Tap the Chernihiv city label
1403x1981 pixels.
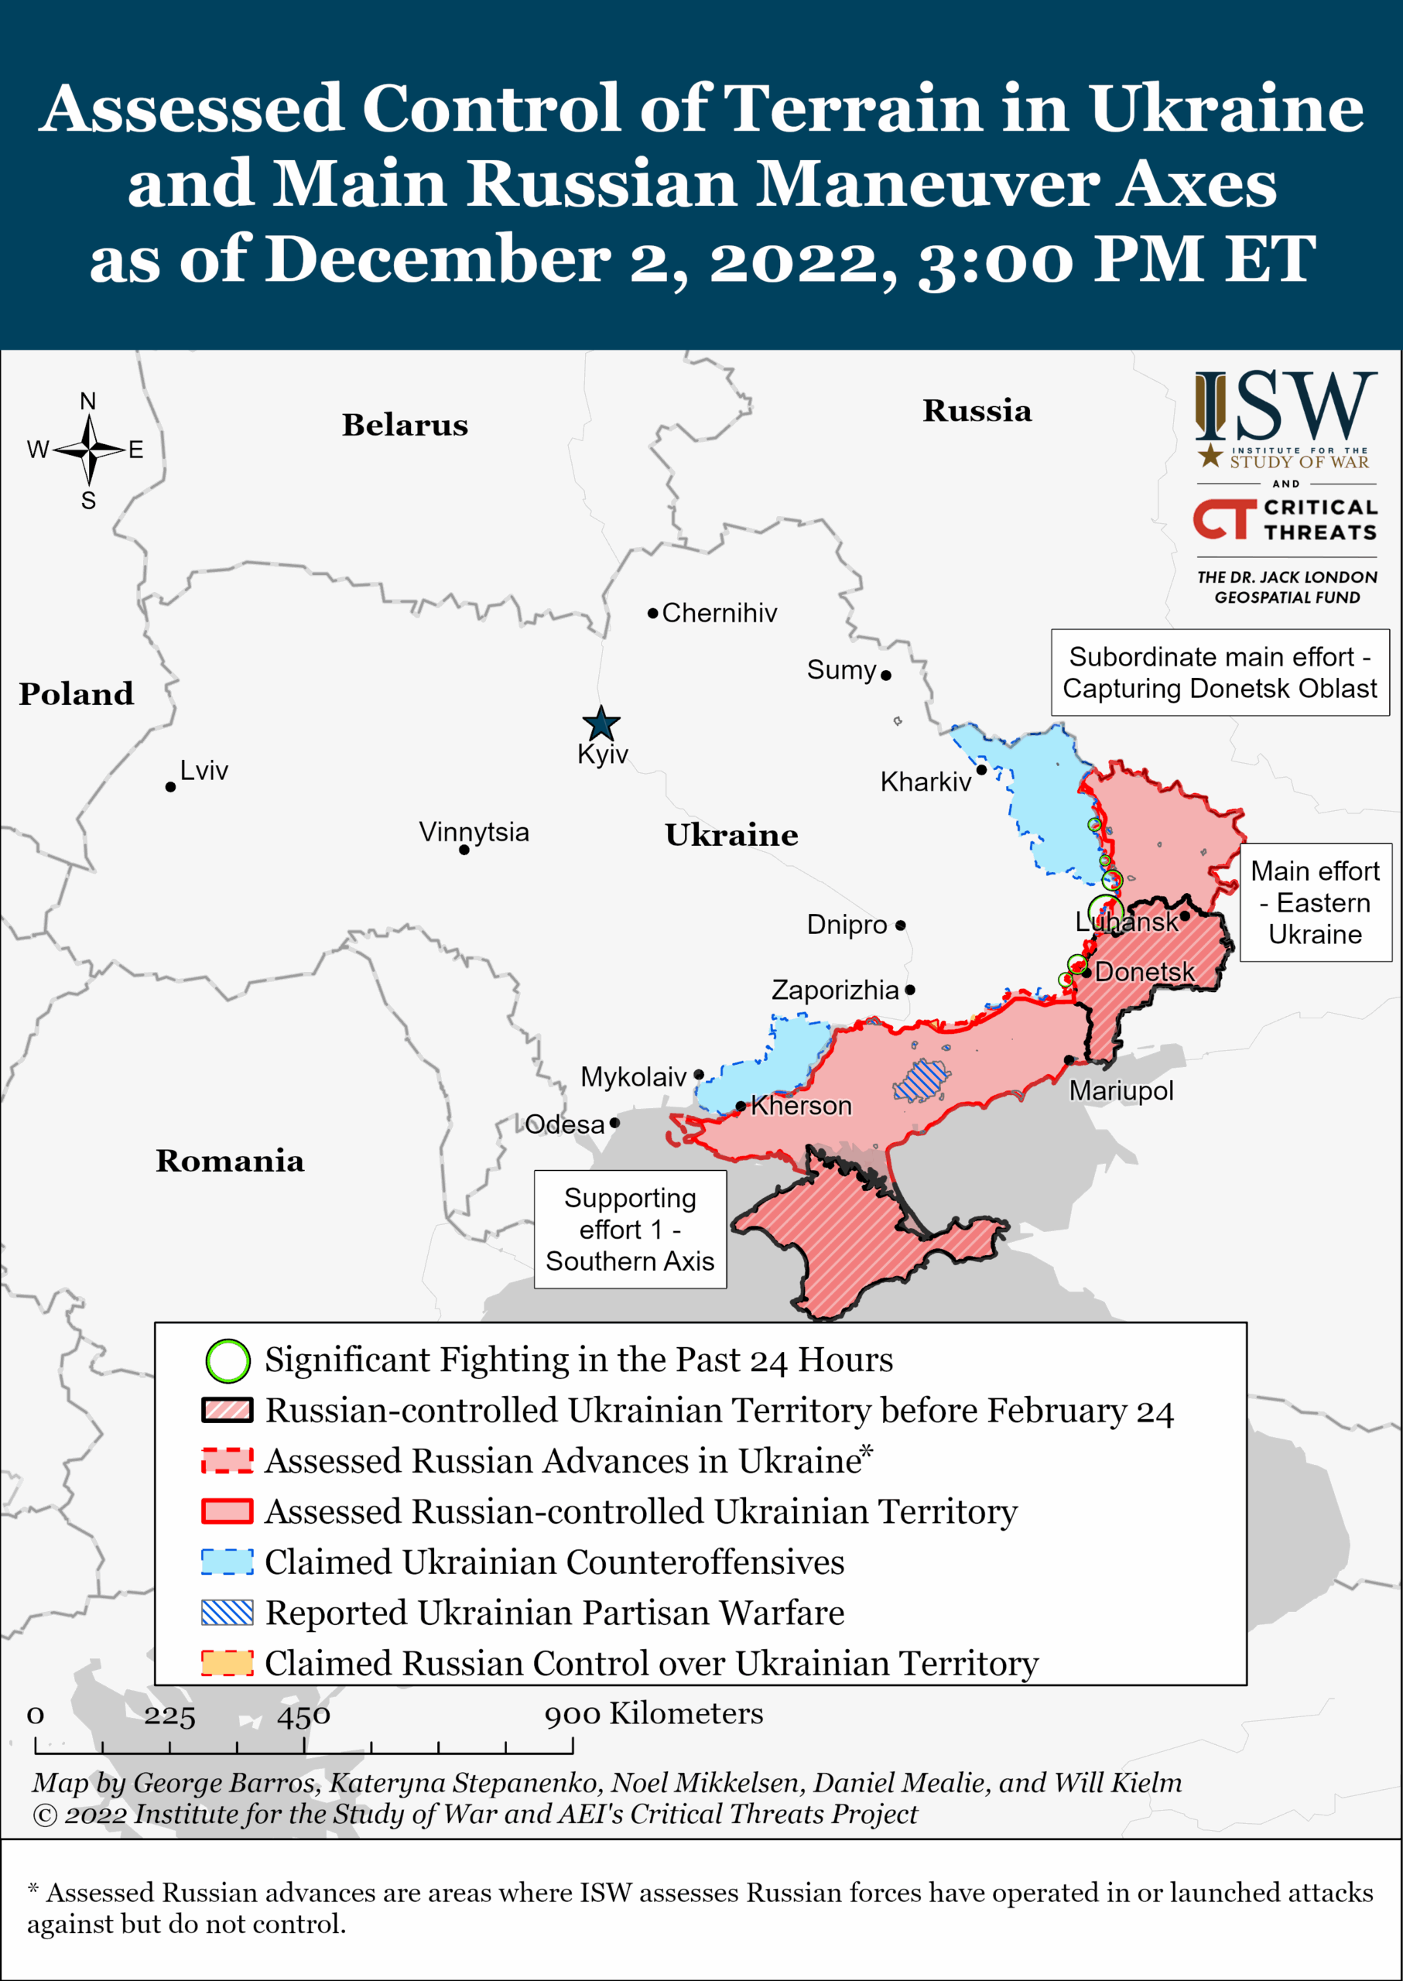pyautogui.click(x=719, y=614)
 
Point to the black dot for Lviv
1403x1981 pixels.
pyautogui.click(x=170, y=787)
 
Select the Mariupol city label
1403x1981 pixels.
pyautogui.click(x=1121, y=1091)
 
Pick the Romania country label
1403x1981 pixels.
pyautogui.click(x=230, y=1161)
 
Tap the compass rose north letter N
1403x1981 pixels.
pyautogui.click(x=87, y=402)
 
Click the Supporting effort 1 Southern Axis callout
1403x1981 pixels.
pyautogui.click(x=630, y=1230)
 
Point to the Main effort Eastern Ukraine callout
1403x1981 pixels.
pyautogui.click(x=1315, y=903)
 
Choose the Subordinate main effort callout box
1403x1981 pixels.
pyautogui.click(x=1219, y=672)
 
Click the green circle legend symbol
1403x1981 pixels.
pyautogui.click(x=228, y=1360)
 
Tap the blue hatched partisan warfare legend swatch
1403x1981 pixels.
pyautogui.click(x=228, y=1612)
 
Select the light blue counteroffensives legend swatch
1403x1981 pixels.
pyautogui.click(x=228, y=1562)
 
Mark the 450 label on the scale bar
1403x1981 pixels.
pyautogui.click(x=303, y=1716)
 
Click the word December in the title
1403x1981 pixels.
pyautogui.click(x=438, y=258)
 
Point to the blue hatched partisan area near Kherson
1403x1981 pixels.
pyautogui.click(x=922, y=1080)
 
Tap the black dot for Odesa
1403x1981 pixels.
pyautogui.click(x=614, y=1123)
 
